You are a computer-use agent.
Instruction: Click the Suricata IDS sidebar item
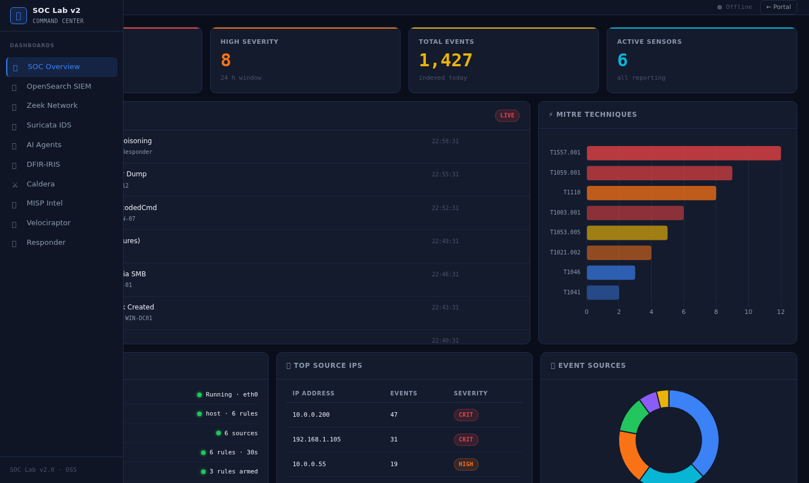click(49, 125)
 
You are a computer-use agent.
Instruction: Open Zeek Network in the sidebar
click(52, 106)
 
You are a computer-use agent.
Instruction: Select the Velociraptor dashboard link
click(48, 223)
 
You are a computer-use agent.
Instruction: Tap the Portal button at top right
click(778, 7)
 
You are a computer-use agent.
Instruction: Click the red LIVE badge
click(507, 116)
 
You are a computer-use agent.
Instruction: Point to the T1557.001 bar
click(683, 153)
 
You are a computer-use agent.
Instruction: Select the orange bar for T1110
click(651, 193)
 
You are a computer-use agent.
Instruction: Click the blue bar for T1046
click(611, 273)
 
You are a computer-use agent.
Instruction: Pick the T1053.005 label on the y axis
click(565, 233)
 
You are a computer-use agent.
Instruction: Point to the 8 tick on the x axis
click(716, 312)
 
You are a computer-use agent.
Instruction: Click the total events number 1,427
click(446, 61)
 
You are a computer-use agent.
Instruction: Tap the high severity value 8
click(226, 61)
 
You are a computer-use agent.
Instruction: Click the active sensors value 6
click(622, 61)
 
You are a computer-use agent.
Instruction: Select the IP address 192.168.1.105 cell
click(316, 440)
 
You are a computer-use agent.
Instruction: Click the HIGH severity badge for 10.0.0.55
click(466, 464)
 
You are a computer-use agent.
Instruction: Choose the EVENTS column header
click(403, 394)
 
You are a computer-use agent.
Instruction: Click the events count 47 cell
click(394, 415)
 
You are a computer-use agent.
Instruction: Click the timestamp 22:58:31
click(445, 142)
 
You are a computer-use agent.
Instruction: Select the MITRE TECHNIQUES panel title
click(596, 115)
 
